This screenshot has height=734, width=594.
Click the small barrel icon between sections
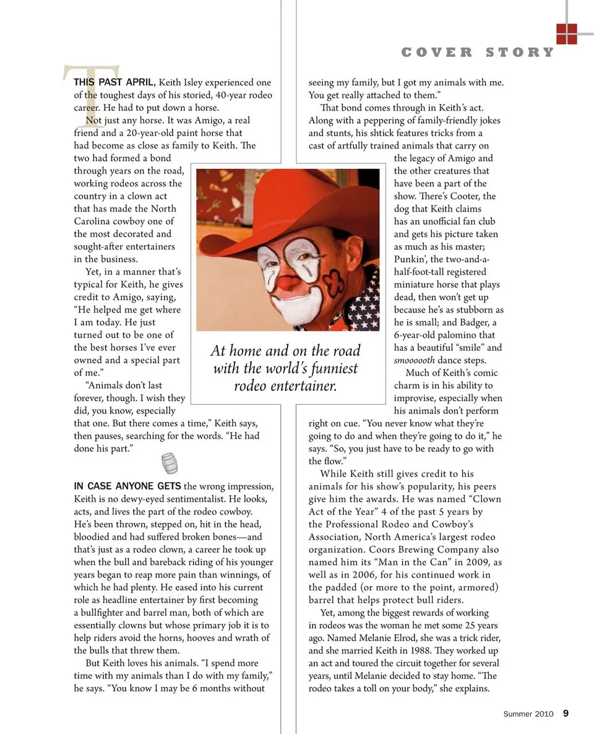(x=169, y=463)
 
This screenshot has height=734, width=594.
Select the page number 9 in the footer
(x=566, y=713)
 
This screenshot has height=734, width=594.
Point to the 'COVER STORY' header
(x=478, y=53)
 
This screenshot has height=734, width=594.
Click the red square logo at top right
(x=566, y=33)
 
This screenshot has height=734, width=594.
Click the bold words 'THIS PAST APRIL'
(x=113, y=82)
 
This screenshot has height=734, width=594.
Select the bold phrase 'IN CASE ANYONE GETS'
(x=127, y=486)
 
